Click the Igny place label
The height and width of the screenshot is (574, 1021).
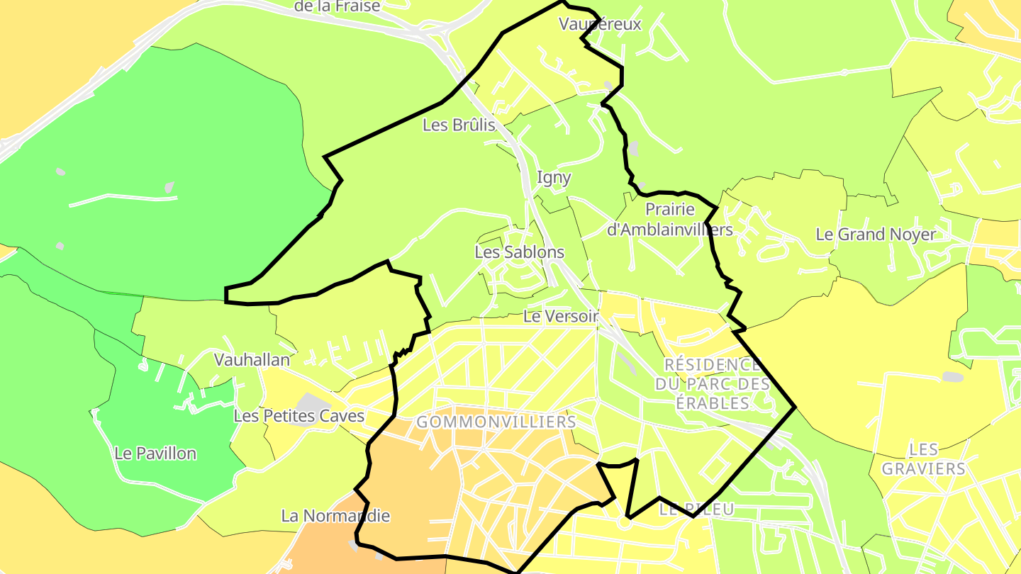coord(554,177)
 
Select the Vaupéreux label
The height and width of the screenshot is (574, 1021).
coord(600,24)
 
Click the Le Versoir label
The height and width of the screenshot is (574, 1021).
coord(561,316)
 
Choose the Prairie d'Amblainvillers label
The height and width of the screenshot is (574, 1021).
coord(670,220)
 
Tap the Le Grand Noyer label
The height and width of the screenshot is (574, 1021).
coord(876,234)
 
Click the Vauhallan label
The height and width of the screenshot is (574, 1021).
coord(252,359)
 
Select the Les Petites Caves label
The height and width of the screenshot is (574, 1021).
coord(299,416)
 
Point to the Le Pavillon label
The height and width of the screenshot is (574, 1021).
coord(155,453)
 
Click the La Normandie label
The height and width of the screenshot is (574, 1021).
coord(335,515)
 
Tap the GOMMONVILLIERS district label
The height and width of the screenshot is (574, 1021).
coord(496,422)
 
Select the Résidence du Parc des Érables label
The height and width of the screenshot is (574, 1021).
coord(712,384)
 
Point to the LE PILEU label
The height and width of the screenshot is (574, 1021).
coord(696,509)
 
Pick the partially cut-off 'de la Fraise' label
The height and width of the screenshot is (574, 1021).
coord(337,6)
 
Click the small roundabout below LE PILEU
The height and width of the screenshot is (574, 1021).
coord(624,523)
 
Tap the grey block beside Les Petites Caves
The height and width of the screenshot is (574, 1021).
coord(309,402)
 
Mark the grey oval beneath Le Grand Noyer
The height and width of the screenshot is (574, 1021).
coord(952,377)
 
